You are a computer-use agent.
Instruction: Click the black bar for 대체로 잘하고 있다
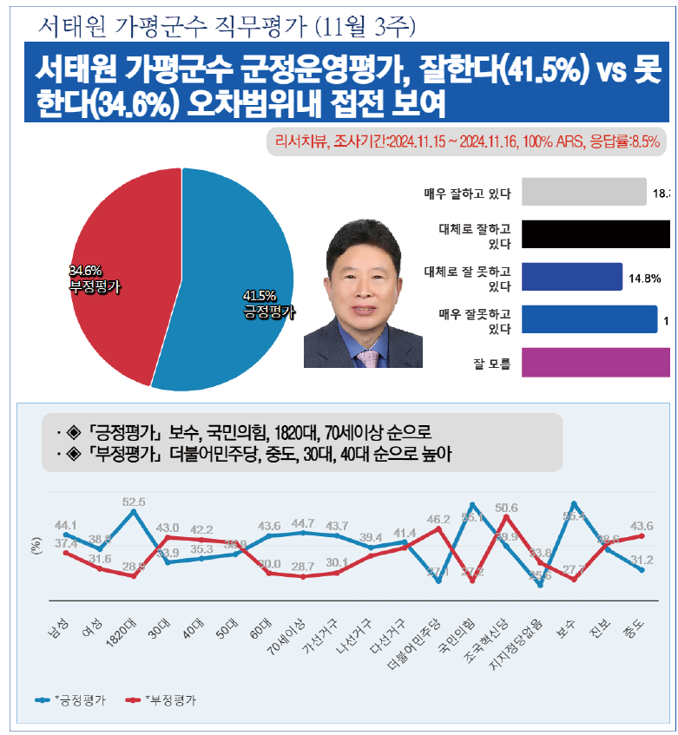click(x=596, y=235)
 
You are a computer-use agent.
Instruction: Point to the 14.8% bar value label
click(x=645, y=279)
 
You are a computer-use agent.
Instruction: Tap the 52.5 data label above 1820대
click(x=134, y=502)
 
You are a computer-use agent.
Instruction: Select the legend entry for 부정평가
click(x=161, y=699)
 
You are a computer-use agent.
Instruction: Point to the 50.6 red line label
click(x=506, y=508)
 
